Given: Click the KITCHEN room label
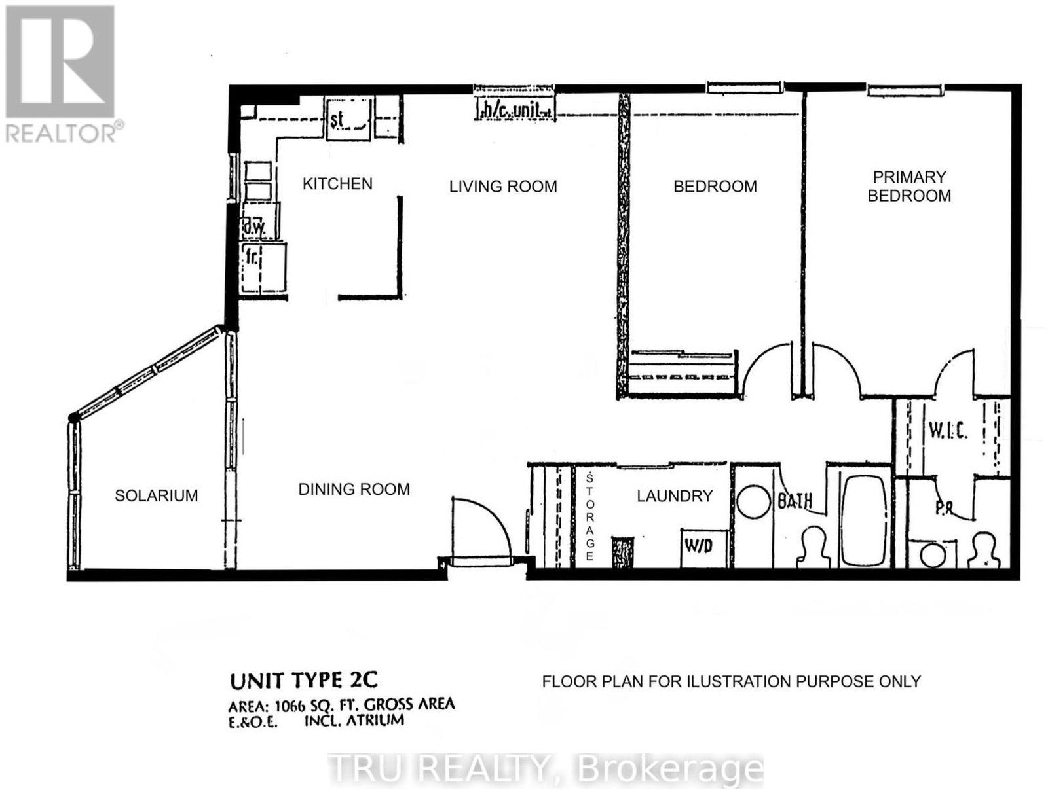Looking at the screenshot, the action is (337, 184).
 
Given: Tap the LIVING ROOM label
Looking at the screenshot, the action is (503, 186).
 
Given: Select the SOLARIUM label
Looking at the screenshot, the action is (156, 495).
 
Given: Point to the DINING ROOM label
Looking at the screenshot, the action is (354, 489).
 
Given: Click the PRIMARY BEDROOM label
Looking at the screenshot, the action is (909, 186).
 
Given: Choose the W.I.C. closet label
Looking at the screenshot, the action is (948, 431).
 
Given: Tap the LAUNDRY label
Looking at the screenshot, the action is (675, 495).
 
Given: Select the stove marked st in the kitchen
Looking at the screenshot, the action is (348, 118).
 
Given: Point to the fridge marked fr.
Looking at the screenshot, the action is (263, 268).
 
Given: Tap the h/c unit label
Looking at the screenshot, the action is (515, 111).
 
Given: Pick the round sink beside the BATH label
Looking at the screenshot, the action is (754, 502).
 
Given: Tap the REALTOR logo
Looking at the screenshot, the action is (61, 75).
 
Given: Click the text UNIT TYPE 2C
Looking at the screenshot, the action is (304, 680).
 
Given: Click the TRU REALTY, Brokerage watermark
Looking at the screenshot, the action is (546, 768).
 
